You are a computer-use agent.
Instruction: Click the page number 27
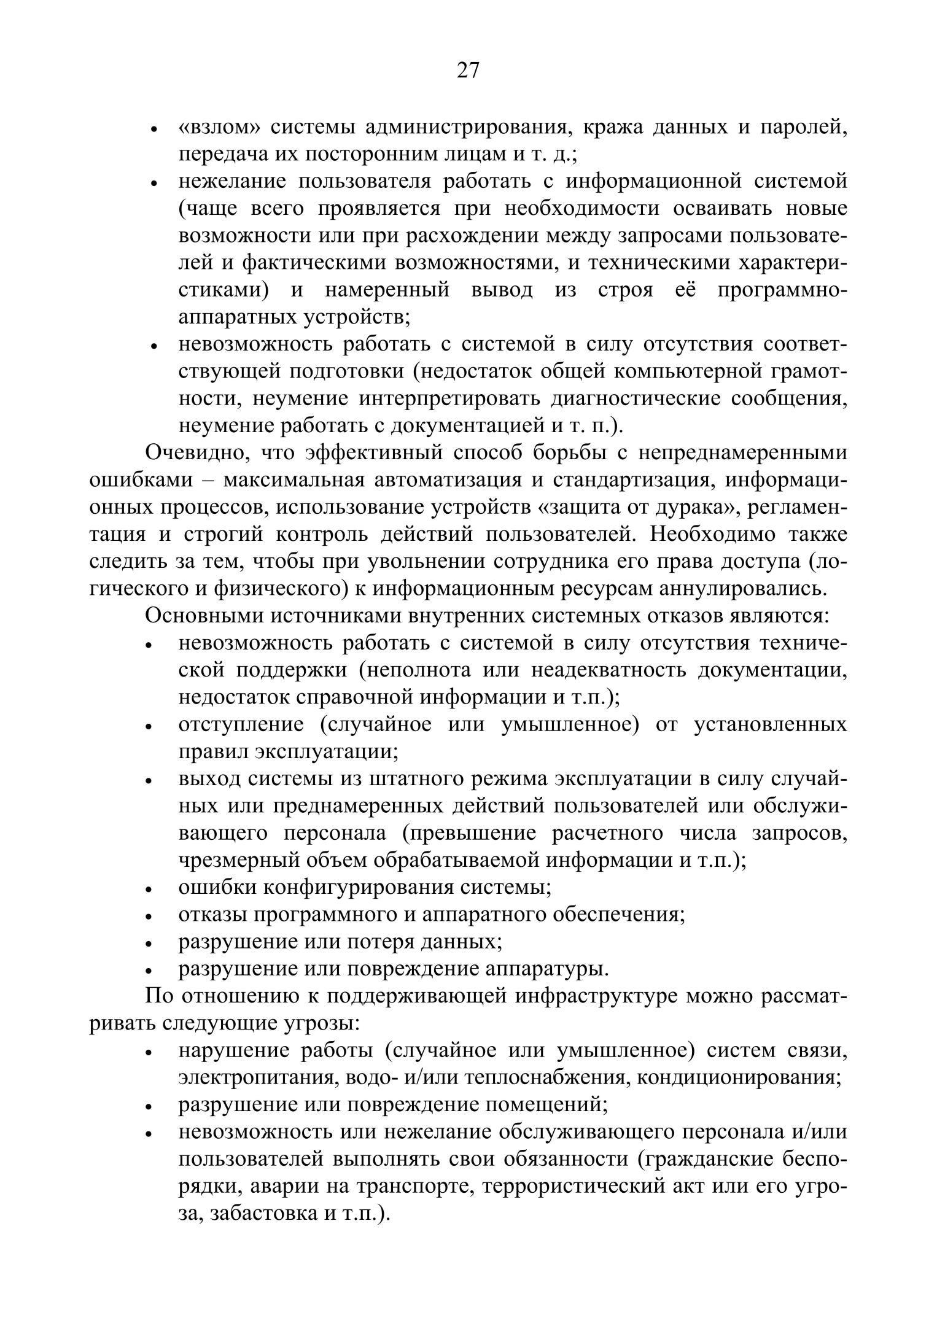tap(468, 71)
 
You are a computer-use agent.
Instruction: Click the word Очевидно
tap(196, 453)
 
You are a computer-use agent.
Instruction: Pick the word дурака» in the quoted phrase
tap(698, 507)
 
